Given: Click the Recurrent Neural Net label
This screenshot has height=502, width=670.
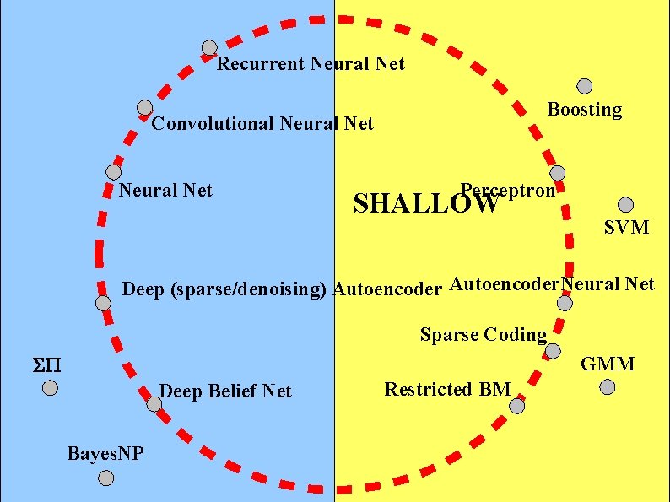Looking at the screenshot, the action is click(x=311, y=64).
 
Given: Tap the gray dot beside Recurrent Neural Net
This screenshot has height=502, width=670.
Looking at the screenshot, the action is click(x=209, y=48).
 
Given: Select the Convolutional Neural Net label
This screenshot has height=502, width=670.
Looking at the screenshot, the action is click(x=262, y=124).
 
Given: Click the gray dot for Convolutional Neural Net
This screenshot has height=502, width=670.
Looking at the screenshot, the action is click(x=145, y=108).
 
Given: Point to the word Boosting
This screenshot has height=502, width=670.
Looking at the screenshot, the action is click(x=585, y=110).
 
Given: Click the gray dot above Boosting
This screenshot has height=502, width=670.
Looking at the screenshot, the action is click(x=584, y=86).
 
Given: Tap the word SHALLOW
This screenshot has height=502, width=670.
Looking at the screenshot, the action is click(x=425, y=204).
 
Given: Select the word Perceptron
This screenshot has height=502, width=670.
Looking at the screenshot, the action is click(x=508, y=190).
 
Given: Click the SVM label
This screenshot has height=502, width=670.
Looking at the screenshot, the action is click(x=626, y=227).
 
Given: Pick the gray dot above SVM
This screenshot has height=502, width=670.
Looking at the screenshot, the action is click(x=625, y=204).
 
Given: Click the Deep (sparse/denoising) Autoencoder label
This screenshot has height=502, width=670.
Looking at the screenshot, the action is click(x=282, y=290).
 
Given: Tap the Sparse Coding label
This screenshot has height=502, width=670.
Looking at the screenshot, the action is click(x=484, y=335).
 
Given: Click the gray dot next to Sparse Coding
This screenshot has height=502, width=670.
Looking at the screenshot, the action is click(x=553, y=351).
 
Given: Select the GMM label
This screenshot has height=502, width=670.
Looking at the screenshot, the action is click(x=608, y=364).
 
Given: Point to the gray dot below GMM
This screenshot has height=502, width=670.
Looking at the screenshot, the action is click(x=608, y=387).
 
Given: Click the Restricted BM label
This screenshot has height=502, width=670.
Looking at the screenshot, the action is click(x=447, y=390).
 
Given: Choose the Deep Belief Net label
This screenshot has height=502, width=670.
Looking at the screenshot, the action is click(x=225, y=391).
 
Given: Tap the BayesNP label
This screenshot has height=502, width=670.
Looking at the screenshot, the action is click(x=105, y=454).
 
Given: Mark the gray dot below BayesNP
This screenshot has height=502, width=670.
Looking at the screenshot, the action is click(x=105, y=478).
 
